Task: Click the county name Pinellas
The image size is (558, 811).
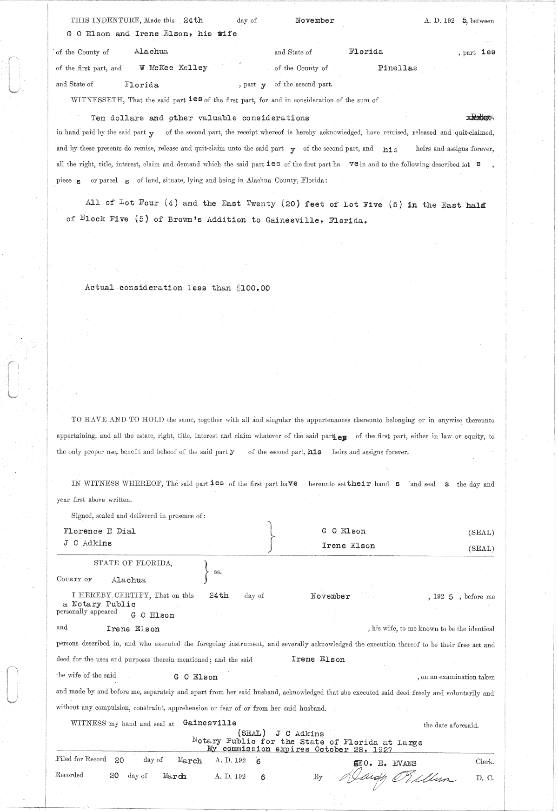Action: click(x=397, y=68)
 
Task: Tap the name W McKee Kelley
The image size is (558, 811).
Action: click(x=173, y=68)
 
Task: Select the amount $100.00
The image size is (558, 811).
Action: click(x=253, y=288)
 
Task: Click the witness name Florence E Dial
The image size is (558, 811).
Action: click(x=100, y=531)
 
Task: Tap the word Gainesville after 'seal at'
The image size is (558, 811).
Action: click(x=210, y=723)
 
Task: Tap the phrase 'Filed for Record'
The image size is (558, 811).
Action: click(x=80, y=759)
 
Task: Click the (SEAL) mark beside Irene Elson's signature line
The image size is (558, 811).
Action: click(x=481, y=548)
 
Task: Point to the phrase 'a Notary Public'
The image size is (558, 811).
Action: click(x=99, y=604)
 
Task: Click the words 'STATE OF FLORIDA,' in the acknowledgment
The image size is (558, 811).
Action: click(x=133, y=563)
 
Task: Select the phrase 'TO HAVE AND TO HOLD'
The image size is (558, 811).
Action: click(x=118, y=420)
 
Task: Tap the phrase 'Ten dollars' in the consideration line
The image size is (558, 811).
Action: click(x=117, y=118)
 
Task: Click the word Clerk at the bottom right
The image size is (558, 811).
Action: click(x=485, y=762)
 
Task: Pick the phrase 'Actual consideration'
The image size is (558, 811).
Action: click(x=134, y=288)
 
